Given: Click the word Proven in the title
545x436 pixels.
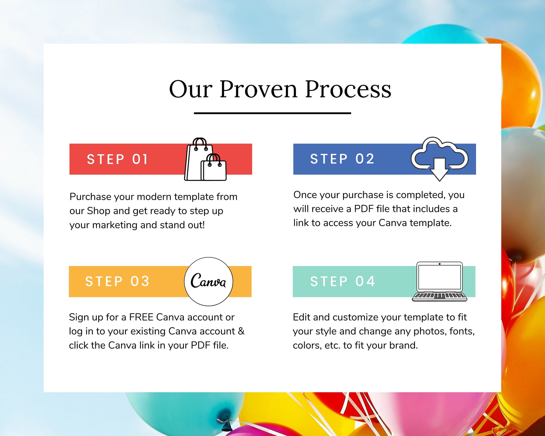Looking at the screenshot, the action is [258, 89].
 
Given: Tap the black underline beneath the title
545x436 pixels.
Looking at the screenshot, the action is [272, 113].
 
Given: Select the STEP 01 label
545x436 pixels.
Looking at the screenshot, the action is [117, 159].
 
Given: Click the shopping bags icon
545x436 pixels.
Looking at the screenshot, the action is [205, 159].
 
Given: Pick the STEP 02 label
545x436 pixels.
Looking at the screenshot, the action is [342, 159].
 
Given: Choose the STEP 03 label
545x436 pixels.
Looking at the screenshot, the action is [117, 281].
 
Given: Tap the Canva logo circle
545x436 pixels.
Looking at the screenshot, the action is [208, 281].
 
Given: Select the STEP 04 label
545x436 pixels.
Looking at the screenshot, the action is [343, 281].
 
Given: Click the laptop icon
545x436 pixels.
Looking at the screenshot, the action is [439, 281].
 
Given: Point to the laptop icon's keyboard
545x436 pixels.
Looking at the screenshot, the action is [439, 296].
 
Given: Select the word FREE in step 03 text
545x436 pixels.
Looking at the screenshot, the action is [141, 317].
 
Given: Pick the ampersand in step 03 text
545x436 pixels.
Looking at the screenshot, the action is [241, 331].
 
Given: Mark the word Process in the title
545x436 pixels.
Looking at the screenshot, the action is [348, 89].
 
